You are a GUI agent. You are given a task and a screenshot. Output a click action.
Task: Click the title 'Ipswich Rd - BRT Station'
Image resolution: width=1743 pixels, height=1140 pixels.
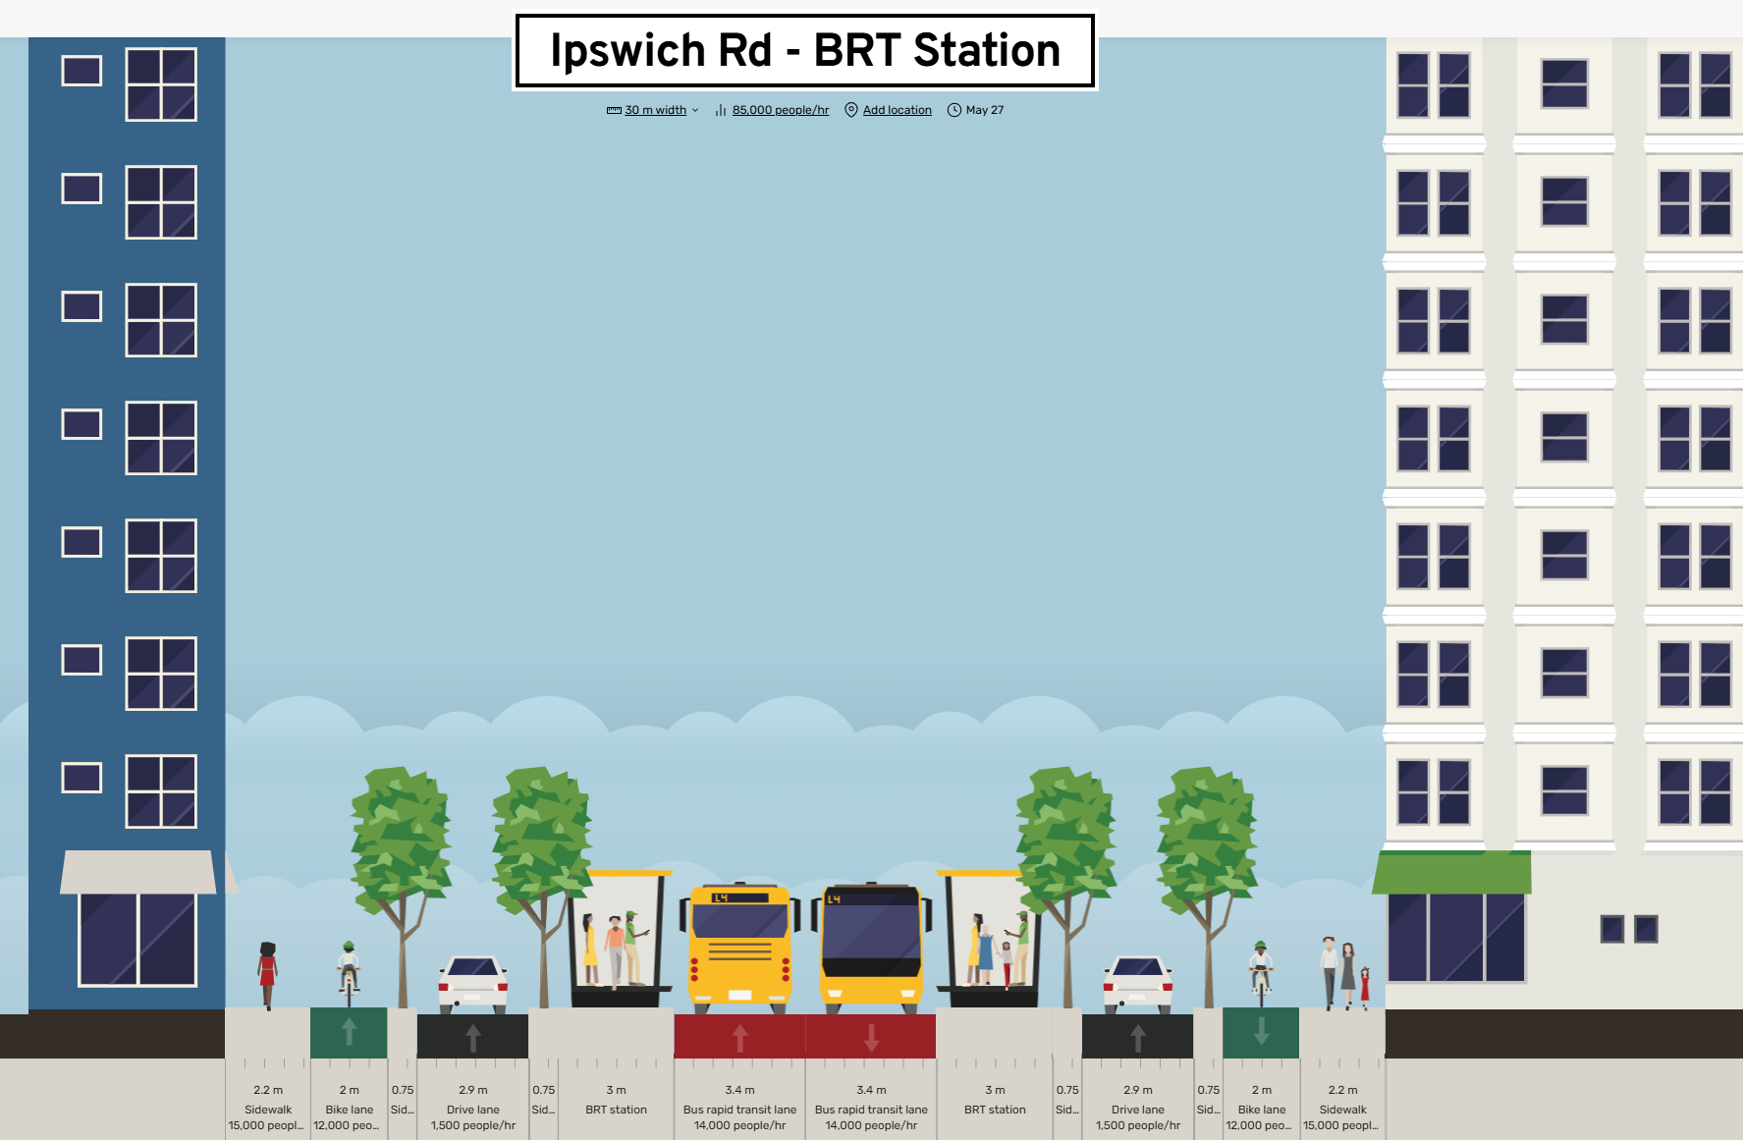click(804, 51)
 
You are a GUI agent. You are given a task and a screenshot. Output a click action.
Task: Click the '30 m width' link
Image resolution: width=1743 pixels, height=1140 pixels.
click(655, 110)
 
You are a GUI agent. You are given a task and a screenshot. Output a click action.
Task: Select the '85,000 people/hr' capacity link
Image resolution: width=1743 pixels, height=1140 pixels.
click(780, 110)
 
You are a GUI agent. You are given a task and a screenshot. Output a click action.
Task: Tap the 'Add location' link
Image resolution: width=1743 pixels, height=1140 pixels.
click(897, 110)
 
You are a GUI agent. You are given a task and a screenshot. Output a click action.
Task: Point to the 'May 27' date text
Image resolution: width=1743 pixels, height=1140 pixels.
click(984, 110)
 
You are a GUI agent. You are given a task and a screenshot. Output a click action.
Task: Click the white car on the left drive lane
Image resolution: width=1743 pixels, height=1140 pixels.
click(472, 982)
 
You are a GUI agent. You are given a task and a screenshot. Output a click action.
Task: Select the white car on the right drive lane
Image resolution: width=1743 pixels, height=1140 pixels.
click(1137, 982)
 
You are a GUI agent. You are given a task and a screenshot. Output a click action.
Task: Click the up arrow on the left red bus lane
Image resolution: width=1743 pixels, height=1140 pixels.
click(740, 1037)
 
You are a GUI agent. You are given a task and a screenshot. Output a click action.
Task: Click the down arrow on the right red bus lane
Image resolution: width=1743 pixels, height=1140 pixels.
click(871, 1037)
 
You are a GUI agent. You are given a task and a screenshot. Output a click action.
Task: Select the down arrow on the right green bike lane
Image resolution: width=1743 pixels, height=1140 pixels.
click(1261, 1031)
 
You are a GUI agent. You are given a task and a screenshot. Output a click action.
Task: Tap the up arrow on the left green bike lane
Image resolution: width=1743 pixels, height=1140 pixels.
click(349, 1031)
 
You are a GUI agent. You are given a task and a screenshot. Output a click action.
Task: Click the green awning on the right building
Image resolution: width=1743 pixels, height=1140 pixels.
click(1451, 872)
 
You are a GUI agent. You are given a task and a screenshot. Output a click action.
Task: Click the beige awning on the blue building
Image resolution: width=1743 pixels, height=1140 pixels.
click(138, 872)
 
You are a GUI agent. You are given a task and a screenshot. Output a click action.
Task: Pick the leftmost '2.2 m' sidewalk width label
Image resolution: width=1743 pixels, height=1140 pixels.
click(268, 1090)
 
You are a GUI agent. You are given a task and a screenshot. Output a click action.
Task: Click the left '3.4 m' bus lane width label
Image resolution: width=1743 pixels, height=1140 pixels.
click(739, 1090)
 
